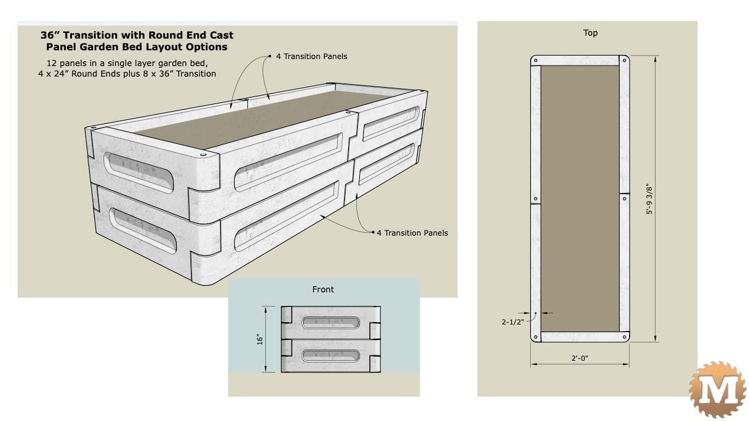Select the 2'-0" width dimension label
(x=580, y=358)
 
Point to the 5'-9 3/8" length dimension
(x=648, y=199)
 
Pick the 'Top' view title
(x=590, y=33)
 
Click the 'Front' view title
(x=323, y=289)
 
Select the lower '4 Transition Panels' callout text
(x=412, y=233)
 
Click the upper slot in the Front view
(x=331, y=322)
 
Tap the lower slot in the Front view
(x=331, y=355)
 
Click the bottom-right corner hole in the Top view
(x=624, y=337)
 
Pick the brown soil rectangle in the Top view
(x=579, y=199)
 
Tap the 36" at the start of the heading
(x=51, y=35)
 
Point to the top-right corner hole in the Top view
(x=624, y=61)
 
